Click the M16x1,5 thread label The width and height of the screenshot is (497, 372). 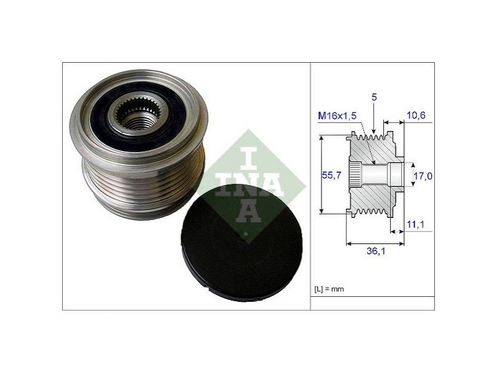click(x=337, y=116)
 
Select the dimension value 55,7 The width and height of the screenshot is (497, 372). click(x=331, y=175)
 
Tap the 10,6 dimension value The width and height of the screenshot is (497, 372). click(x=416, y=115)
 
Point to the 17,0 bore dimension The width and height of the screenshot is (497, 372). click(x=423, y=176)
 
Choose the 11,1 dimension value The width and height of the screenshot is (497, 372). click(x=416, y=224)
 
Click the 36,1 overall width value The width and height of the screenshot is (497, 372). click(x=376, y=251)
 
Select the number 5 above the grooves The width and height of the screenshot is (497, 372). click(x=374, y=97)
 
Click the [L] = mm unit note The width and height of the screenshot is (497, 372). click(x=329, y=289)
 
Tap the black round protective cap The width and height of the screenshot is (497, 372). click(x=241, y=243)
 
